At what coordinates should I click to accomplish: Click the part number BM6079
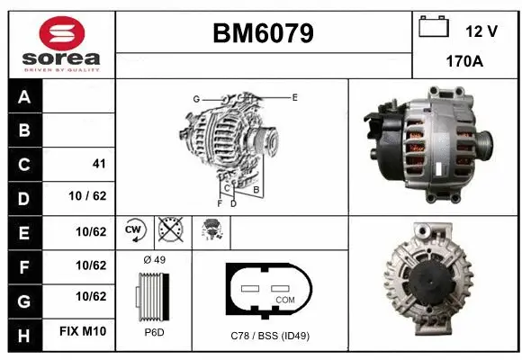point(263,33)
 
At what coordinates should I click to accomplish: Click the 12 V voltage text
point(481,31)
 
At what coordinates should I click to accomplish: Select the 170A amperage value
point(465,62)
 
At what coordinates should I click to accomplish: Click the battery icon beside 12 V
point(434,28)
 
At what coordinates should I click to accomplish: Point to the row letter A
point(24,97)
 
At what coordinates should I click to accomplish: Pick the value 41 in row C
point(99,164)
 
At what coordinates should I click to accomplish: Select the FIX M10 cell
point(84,332)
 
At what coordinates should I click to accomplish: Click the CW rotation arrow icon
point(135,231)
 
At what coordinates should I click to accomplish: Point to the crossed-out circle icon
point(168,231)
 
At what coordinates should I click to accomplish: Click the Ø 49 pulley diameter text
point(153,261)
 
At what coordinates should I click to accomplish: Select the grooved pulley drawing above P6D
point(150,297)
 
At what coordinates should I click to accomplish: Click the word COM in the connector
point(284,298)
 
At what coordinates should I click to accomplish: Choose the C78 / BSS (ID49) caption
point(269,335)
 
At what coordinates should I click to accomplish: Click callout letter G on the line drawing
point(195,98)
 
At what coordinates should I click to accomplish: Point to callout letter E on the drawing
point(294,96)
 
